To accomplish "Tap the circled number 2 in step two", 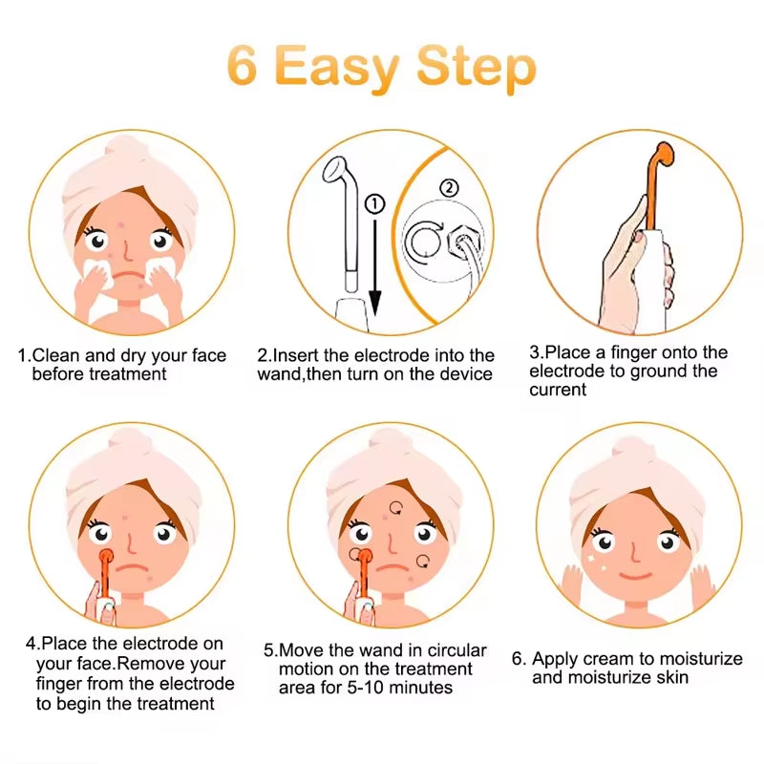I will point(448,188).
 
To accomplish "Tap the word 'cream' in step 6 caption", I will point(603,659).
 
